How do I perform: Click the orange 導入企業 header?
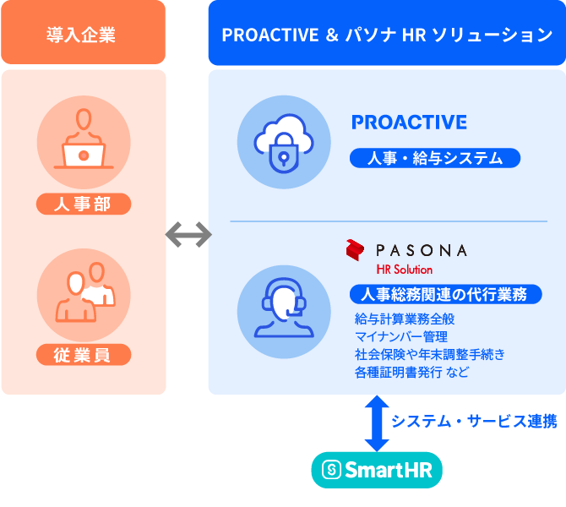pyautogui.click(x=83, y=32)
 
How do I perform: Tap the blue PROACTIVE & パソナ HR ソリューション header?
pyautogui.click(x=387, y=33)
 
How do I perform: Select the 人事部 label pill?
pyautogui.click(x=84, y=204)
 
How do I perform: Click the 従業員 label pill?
pyautogui.click(x=84, y=355)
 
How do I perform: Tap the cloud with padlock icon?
pyautogui.click(x=284, y=142)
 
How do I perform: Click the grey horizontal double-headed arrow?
pyautogui.click(x=188, y=235)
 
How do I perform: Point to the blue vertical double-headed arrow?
pyautogui.click(x=377, y=423)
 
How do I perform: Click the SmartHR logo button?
pyautogui.click(x=377, y=470)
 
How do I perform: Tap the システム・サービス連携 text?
pyautogui.click(x=474, y=422)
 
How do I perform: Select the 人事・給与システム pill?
pyautogui.click(x=435, y=158)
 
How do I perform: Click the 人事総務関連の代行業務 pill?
pyautogui.click(x=446, y=294)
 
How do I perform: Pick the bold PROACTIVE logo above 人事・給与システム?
pyautogui.click(x=409, y=122)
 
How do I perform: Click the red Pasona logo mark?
pyautogui.click(x=355, y=250)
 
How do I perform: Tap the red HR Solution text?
pyautogui.click(x=405, y=270)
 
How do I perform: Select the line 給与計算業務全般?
pyautogui.click(x=405, y=319)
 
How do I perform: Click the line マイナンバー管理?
pyautogui.click(x=401, y=336)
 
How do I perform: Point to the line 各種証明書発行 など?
pyautogui.click(x=412, y=372)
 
